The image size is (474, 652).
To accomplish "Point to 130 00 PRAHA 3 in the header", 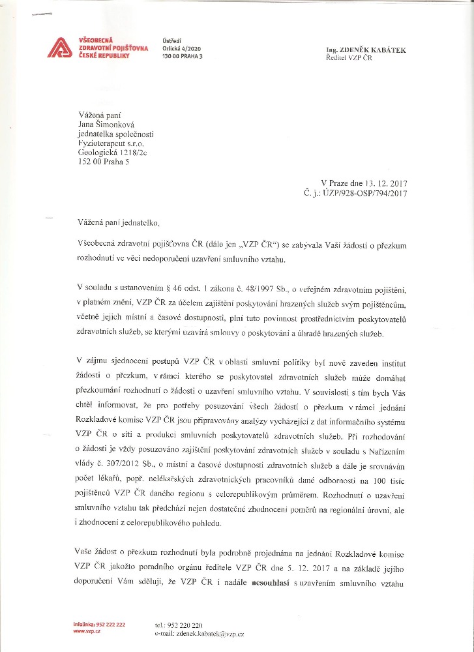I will (x=183, y=57).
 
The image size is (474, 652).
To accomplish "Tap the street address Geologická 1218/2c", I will (x=112, y=153).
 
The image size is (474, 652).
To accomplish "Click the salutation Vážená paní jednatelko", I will (x=117, y=223).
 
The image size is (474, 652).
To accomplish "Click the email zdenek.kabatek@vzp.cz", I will (x=209, y=633).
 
